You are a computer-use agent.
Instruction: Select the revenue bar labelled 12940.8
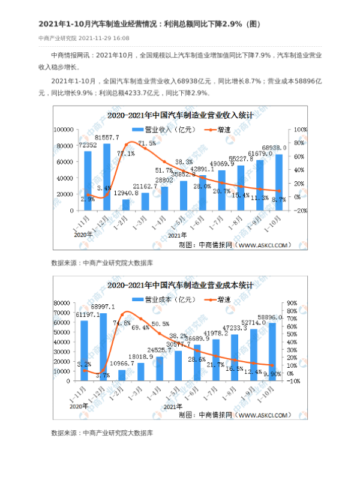point(126,205)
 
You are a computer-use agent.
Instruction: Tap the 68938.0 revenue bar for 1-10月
point(278,182)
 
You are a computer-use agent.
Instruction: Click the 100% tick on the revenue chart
point(299,129)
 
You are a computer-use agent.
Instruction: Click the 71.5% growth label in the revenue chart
point(147,143)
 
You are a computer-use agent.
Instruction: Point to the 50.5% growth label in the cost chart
point(160,324)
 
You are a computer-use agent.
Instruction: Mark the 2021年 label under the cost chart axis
point(170,406)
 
